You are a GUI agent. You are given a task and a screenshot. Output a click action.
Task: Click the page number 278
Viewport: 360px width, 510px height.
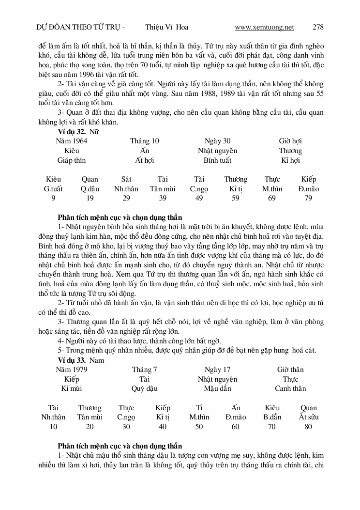318,27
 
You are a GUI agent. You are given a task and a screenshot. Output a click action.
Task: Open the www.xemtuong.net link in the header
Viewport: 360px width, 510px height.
264,27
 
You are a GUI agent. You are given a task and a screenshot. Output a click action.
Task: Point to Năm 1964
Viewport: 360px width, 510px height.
72,141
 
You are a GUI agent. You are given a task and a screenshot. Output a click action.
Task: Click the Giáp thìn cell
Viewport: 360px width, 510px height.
72,160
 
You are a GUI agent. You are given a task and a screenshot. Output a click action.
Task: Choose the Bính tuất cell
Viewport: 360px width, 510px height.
217,160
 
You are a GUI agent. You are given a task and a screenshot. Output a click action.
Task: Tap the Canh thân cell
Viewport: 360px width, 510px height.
290,388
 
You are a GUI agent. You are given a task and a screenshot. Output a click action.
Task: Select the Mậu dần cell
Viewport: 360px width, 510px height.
217,388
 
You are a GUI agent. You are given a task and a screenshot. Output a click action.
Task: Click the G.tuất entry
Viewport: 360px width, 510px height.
53,189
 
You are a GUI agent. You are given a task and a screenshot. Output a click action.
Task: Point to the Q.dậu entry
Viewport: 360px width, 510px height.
90,189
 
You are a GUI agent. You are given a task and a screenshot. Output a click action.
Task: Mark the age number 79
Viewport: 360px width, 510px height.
308,198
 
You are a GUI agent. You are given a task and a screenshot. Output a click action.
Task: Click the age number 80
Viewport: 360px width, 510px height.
308,427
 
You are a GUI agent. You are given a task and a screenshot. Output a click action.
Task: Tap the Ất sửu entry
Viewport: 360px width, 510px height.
308,417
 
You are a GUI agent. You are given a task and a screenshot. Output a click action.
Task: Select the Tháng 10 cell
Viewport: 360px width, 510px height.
144,141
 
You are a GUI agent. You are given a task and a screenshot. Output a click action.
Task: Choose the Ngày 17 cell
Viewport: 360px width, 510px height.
217,370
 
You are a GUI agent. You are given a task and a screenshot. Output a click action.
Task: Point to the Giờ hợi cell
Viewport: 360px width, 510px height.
290,141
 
